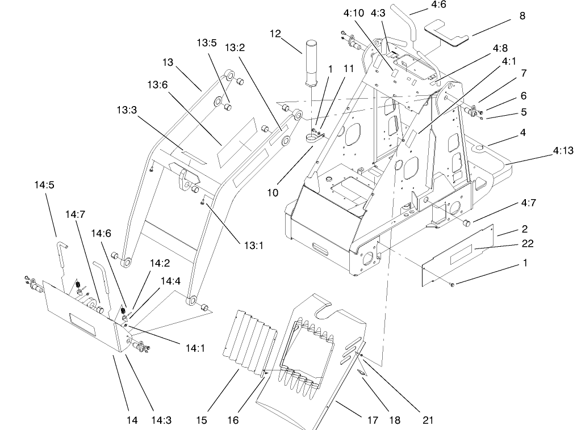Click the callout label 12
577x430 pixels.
(276, 33)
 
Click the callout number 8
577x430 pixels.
(522, 16)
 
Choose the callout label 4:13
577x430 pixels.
(563, 150)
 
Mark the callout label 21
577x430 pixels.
(428, 420)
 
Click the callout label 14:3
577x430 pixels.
(161, 420)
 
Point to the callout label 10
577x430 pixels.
(273, 192)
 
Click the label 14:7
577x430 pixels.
(74, 214)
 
